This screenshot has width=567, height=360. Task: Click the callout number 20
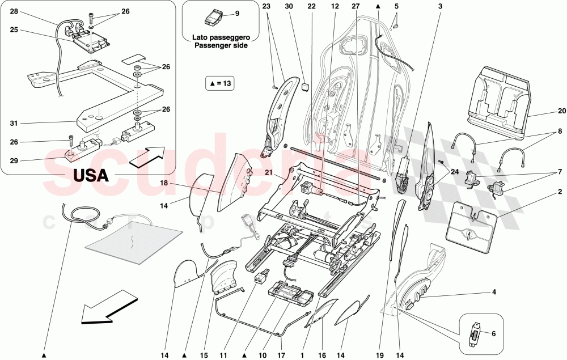tap(562, 111)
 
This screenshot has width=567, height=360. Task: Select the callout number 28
tap(14, 11)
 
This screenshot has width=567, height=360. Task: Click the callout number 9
tap(237, 13)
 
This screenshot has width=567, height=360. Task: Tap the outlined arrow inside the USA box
tap(147, 156)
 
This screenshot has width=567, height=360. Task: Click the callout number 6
tap(493, 334)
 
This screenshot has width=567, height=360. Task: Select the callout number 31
tap(14, 123)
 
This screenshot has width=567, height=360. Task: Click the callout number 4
tap(494, 293)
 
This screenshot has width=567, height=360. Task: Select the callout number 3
tap(439, 7)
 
